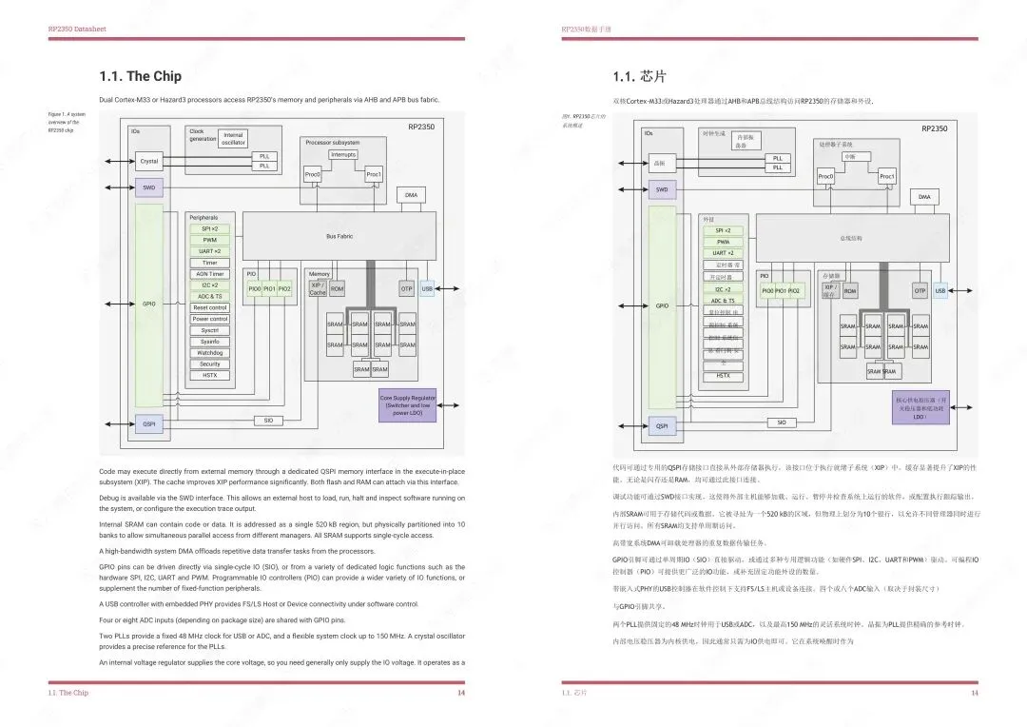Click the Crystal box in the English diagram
149,161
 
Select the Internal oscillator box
233,139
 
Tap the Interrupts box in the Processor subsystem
343,154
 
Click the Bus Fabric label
339,236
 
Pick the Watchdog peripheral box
209,353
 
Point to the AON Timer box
209,274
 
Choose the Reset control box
209,307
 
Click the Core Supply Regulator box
407,404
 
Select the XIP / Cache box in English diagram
318,288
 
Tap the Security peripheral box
209,364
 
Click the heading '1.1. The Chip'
140,76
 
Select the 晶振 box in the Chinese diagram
659,164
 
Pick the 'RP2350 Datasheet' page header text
77,29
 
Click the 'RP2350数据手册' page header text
587,29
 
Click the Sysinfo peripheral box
209,342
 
